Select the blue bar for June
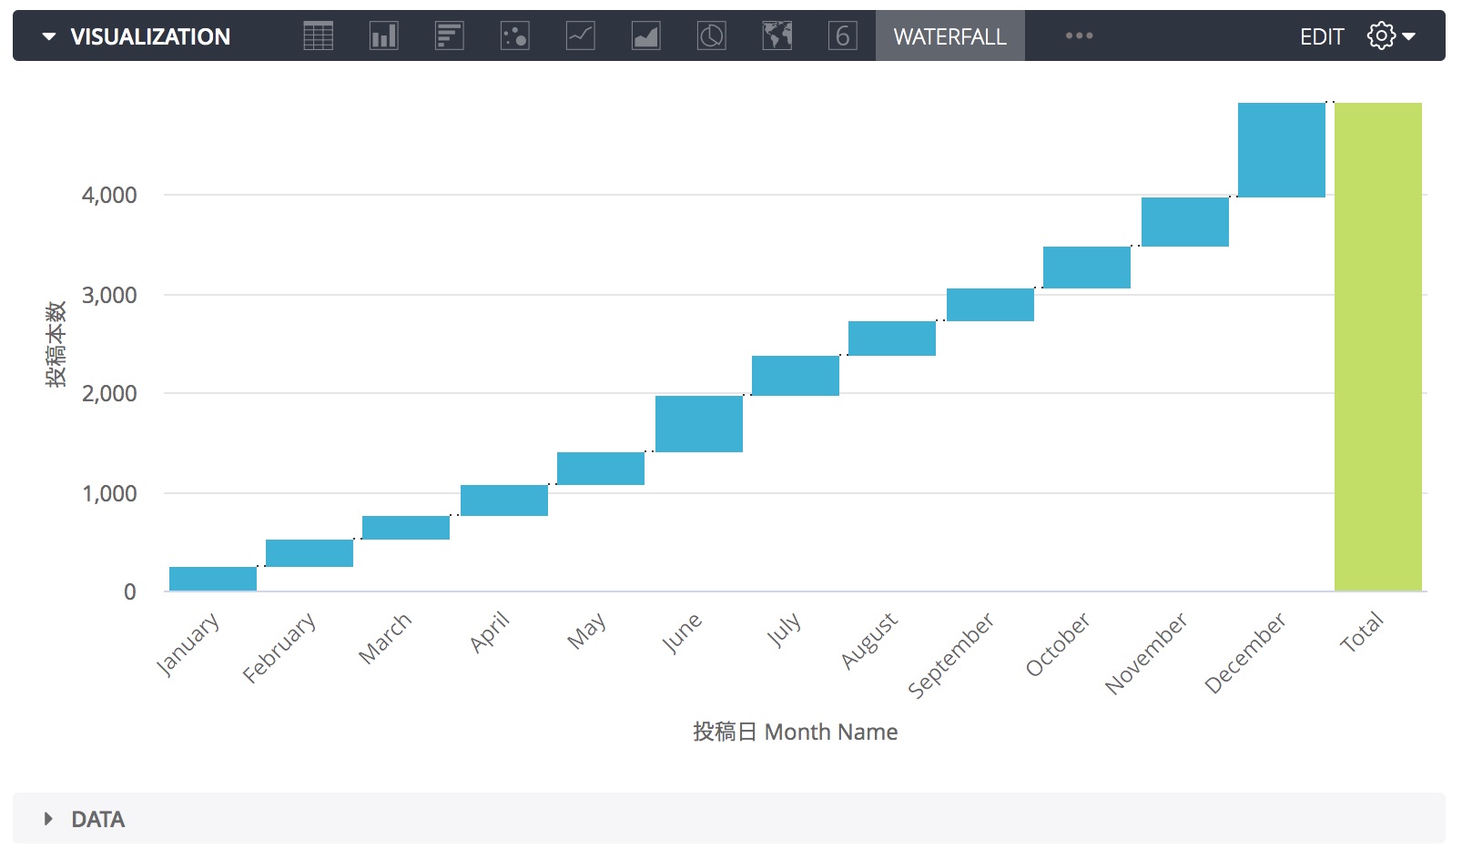[698, 423]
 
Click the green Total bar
[1377, 347]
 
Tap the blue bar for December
[1281, 150]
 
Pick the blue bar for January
[213, 579]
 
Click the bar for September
[990, 305]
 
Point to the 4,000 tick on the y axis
[109, 195]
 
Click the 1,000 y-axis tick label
[109, 493]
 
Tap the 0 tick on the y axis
[130, 592]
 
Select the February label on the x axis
[279, 647]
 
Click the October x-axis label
[1058, 644]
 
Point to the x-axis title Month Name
[795, 732]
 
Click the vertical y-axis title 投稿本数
[56, 345]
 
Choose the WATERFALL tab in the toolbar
[949, 36]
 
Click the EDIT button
[1321, 36]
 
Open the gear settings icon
[1381, 36]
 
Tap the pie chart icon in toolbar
[711, 36]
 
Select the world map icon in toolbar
[777, 36]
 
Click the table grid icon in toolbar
[318, 36]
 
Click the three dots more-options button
[1079, 36]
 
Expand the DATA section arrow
[48, 819]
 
